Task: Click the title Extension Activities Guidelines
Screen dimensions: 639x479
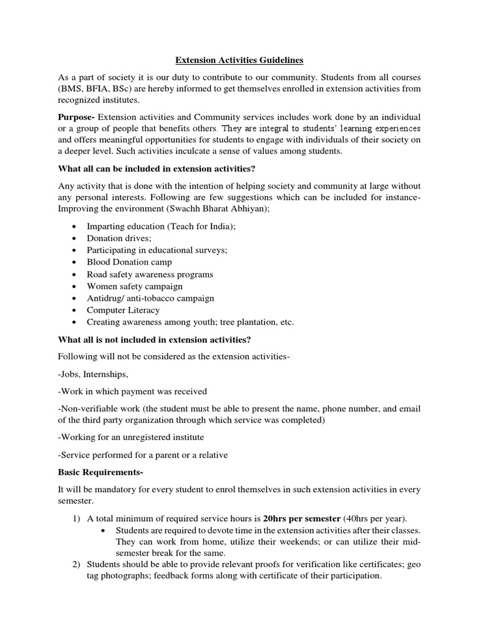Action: click(x=239, y=61)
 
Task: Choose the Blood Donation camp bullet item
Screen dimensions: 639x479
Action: click(x=129, y=262)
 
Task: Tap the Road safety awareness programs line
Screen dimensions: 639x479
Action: click(x=150, y=275)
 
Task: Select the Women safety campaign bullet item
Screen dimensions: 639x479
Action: click(x=135, y=286)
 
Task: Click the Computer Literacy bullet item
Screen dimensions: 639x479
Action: click(x=123, y=310)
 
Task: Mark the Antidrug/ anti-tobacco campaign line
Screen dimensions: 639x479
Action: click(x=150, y=298)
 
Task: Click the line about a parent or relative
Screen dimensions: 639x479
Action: click(x=143, y=455)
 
